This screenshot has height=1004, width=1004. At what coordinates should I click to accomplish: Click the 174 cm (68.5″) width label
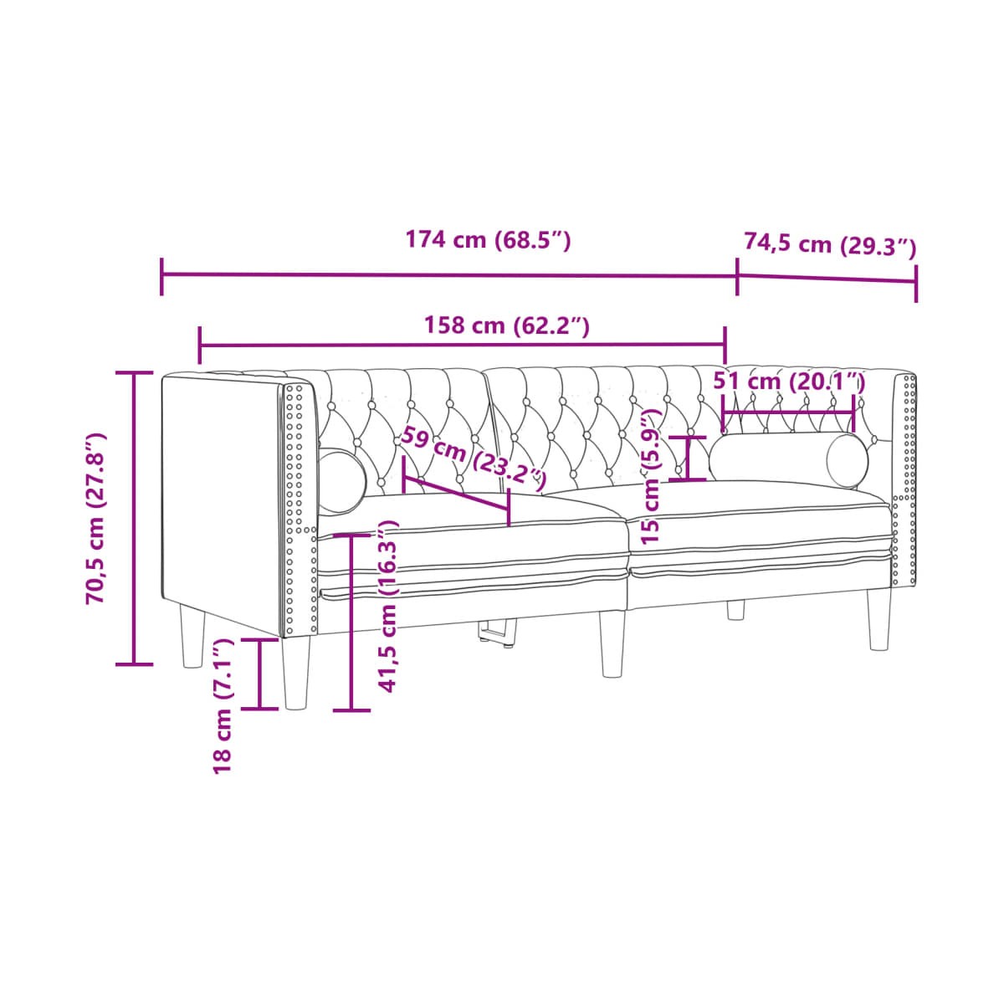488,240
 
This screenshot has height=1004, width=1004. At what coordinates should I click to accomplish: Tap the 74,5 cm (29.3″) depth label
829,243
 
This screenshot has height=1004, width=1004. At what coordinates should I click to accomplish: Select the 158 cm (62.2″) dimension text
506,325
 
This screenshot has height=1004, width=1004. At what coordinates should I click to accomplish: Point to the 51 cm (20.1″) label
789,382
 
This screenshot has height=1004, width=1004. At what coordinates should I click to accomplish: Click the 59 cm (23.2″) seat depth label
473,458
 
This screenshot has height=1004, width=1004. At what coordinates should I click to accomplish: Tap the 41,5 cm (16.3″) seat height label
387,606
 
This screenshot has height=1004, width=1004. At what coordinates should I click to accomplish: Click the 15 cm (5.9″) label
651,476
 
